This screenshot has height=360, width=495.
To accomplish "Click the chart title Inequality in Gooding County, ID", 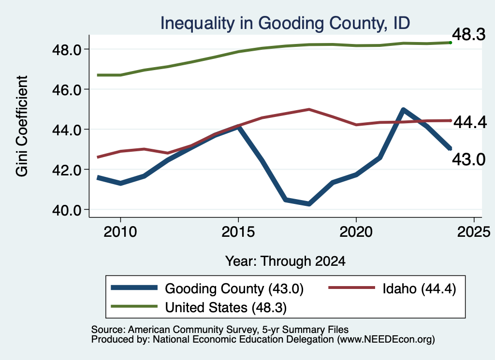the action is point(285,24).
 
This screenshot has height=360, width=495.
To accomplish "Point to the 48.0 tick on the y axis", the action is point(67,50).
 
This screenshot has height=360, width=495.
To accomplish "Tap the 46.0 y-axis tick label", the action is point(67,89).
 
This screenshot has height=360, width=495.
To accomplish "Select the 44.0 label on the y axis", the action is point(67,130).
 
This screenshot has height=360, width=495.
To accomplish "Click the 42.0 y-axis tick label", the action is point(67,170).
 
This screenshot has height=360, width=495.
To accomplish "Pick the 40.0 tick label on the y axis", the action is point(67,210).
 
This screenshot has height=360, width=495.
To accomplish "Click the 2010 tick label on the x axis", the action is point(120,232).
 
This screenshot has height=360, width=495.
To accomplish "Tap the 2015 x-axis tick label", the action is point(238,232).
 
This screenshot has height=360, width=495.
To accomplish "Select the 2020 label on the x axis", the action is point(356,232).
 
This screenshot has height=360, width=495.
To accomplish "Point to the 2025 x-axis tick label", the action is point(474,232).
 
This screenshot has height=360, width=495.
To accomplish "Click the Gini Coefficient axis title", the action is point(22,126).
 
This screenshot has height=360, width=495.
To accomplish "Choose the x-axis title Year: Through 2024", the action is point(285,261).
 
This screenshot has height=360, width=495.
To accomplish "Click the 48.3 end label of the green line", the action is point(469,34).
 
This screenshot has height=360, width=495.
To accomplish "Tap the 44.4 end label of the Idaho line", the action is point(470,122).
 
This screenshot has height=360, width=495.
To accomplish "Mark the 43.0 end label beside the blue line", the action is point(469,159).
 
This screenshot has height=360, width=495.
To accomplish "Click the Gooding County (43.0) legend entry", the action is point(207,288).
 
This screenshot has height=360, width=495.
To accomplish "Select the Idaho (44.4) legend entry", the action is point(393,288).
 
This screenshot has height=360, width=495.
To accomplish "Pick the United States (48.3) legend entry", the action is point(199,307).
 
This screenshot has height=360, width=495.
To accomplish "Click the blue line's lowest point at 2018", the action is point(309,204).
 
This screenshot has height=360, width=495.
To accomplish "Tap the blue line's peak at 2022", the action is point(403,110).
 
